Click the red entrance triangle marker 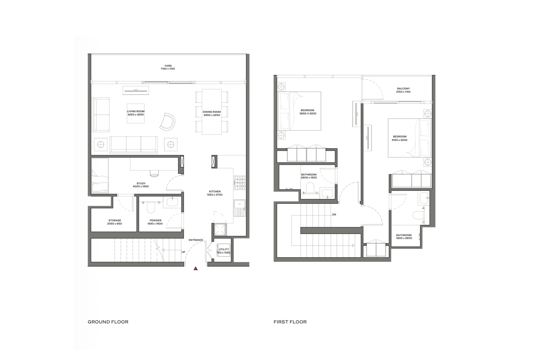coord(196,268)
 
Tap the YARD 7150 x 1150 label coord(168,67)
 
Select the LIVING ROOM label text coord(135,111)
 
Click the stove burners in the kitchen coord(239,183)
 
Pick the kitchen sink coord(239,208)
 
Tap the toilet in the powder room coord(151,207)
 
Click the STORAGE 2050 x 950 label coord(115,222)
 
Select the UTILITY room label coord(224,249)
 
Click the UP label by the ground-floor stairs coord(183,252)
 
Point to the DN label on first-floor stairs coord(334,215)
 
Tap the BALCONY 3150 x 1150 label coord(403,90)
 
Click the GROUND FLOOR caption coord(108,322)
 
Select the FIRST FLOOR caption coord(290,322)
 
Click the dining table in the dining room coord(212,112)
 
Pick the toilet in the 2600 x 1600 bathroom coord(310,188)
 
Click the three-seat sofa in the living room coord(134,145)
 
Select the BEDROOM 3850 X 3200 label coord(308,112)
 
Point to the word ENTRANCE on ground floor coord(196,240)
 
